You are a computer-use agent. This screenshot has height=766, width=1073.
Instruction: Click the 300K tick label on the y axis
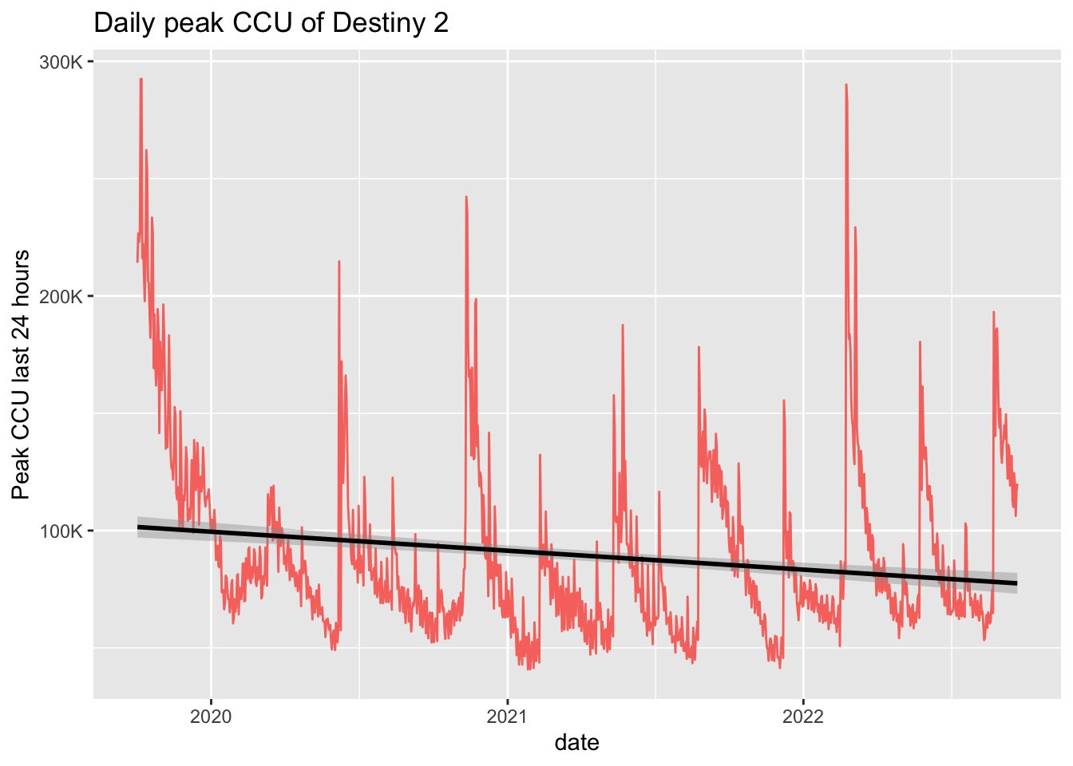pos(61,62)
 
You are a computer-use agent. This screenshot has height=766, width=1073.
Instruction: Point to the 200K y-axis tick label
pos(61,297)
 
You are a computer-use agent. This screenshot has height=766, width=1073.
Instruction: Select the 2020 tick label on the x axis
pos(211,717)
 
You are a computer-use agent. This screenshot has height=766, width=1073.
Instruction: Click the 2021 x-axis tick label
pos(508,717)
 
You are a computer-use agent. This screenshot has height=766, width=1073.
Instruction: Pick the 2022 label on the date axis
pos(804,717)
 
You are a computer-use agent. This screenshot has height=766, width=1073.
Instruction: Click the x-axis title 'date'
pos(576,743)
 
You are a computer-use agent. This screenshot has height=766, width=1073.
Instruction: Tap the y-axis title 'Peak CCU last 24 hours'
pos(22,375)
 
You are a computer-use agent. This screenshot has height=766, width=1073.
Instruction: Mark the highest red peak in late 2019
pos(141,79)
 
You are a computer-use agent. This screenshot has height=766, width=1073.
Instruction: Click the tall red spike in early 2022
pos(845,85)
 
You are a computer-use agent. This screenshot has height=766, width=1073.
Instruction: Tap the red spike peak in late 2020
pos(466,196)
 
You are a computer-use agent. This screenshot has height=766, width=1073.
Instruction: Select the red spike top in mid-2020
pos(339,262)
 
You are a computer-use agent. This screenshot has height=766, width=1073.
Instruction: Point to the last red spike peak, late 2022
pos(993,312)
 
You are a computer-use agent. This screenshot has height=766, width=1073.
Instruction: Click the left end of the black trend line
pos(138,527)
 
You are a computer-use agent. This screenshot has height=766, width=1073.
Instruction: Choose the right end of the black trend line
pos(1016,583)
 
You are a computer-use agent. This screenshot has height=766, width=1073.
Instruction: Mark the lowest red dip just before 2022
pos(779,667)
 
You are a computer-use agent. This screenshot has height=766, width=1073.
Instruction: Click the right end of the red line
pos(1017,484)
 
